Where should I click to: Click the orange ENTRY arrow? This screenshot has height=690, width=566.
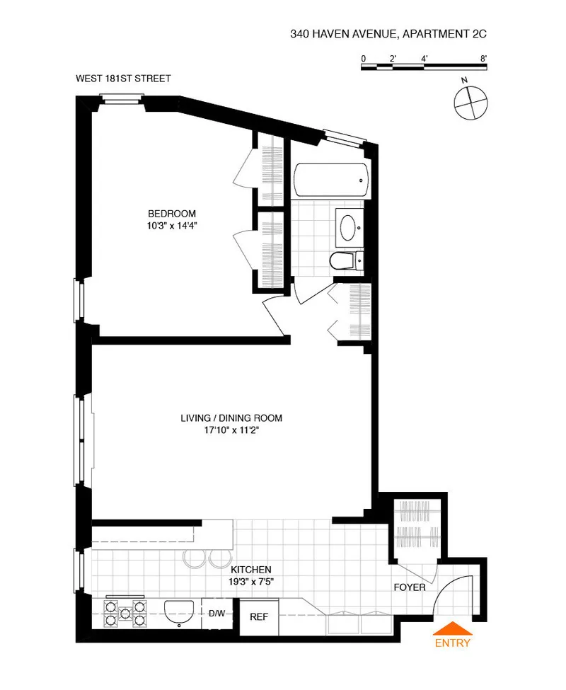[453, 628]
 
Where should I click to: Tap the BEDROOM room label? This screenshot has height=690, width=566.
[171, 214]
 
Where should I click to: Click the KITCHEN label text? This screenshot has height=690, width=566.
[251, 569]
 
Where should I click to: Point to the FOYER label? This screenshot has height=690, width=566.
[410, 587]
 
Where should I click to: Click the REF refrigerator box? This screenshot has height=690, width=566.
[259, 616]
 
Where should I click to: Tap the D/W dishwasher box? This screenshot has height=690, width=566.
[216, 613]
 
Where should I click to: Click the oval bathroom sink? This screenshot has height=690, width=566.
[350, 228]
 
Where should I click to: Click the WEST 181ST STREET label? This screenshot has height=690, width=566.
[123, 79]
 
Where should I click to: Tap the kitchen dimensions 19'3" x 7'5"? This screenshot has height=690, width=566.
[250, 581]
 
